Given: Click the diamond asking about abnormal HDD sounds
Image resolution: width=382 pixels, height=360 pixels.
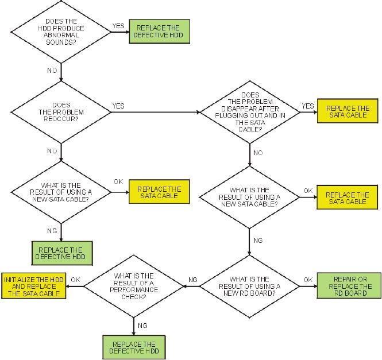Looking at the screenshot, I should tap(60, 32).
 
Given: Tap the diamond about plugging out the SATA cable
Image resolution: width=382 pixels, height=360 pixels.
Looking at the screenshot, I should tap(250, 113).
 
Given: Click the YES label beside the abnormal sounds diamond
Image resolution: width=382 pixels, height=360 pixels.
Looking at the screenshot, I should tap(118, 26).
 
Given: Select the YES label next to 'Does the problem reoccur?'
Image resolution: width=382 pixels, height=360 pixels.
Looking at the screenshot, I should tap(118, 106).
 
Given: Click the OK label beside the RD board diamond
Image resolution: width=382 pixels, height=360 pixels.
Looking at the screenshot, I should tap(308, 280).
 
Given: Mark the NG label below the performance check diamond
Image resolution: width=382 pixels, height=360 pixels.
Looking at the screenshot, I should tap(142, 325).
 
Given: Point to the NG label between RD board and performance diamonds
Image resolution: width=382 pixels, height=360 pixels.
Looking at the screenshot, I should tap(193, 280).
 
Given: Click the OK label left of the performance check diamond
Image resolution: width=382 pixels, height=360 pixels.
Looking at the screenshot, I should tap(75, 280).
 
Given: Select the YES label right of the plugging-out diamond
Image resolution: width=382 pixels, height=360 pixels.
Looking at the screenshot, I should tap(308, 106).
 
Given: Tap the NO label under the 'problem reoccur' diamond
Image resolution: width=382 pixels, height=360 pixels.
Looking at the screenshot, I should tap(52, 151).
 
